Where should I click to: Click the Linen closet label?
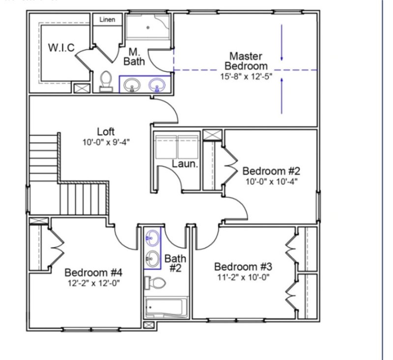tap(107, 20)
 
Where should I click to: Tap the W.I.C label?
tap(61, 48)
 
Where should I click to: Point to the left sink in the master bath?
tap(132, 85)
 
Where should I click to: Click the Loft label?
tap(106, 132)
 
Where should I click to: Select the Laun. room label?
tap(185, 164)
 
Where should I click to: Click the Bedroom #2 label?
tap(271, 171)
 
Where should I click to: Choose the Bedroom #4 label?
tap(93, 272)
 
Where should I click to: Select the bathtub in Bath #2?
tap(166, 307)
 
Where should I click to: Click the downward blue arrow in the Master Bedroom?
tap(281, 43)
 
